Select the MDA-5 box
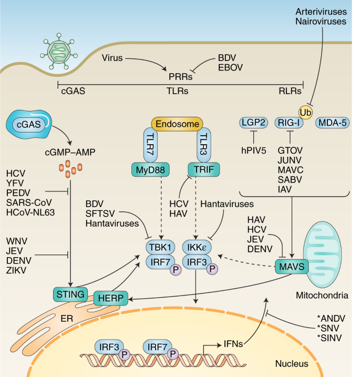coord(331,124)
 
